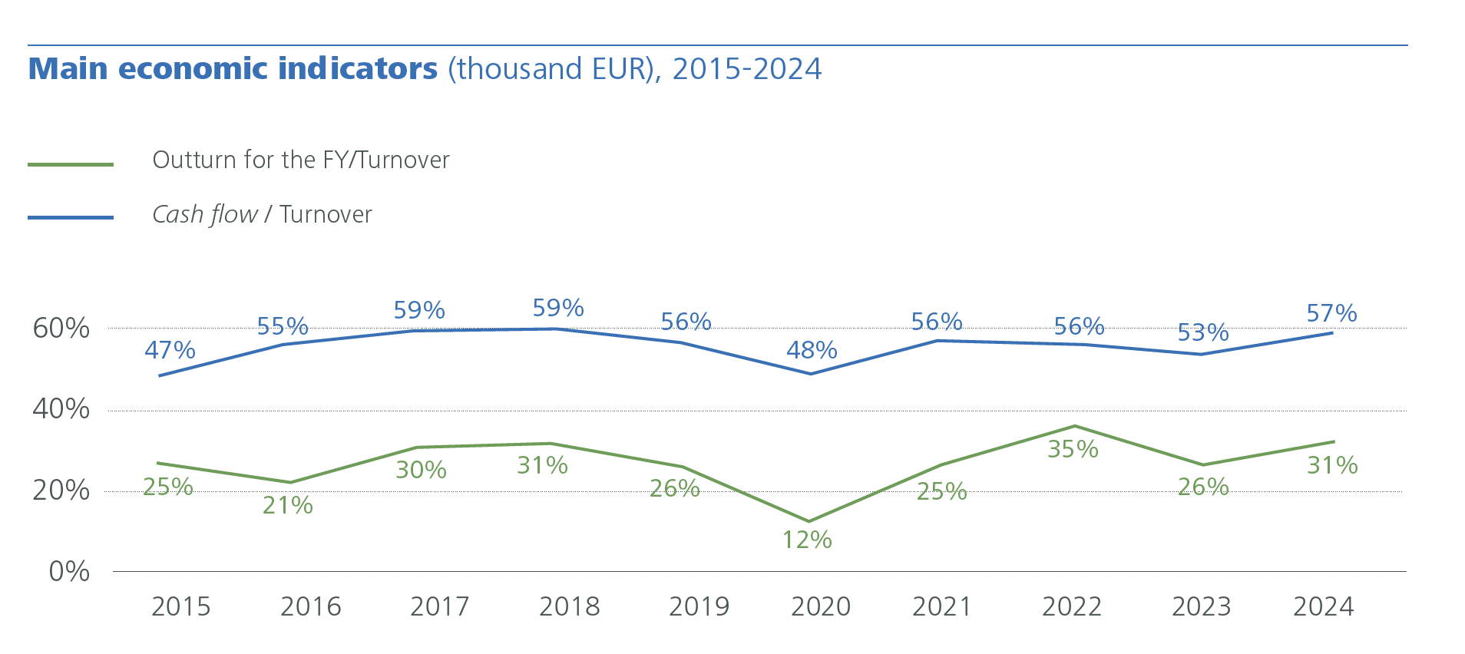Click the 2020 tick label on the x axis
coord(821,606)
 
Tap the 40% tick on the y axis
coord(61,409)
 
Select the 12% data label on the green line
coord(807,540)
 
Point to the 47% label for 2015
coord(170,350)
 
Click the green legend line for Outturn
coord(71,164)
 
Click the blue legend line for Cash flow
coord(71,218)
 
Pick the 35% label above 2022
coord(1073,449)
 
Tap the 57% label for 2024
coord(1331,313)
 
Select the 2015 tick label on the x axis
coord(180,606)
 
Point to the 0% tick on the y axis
coord(69,572)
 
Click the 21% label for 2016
coord(288,505)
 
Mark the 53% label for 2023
coord(1203,332)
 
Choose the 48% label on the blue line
coord(812,350)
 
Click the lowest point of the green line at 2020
coord(809,521)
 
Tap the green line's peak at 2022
coord(1074,426)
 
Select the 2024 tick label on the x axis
coord(1323,606)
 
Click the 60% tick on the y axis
coord(61,329)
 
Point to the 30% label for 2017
coord(421,469)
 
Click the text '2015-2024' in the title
coord(746,69)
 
